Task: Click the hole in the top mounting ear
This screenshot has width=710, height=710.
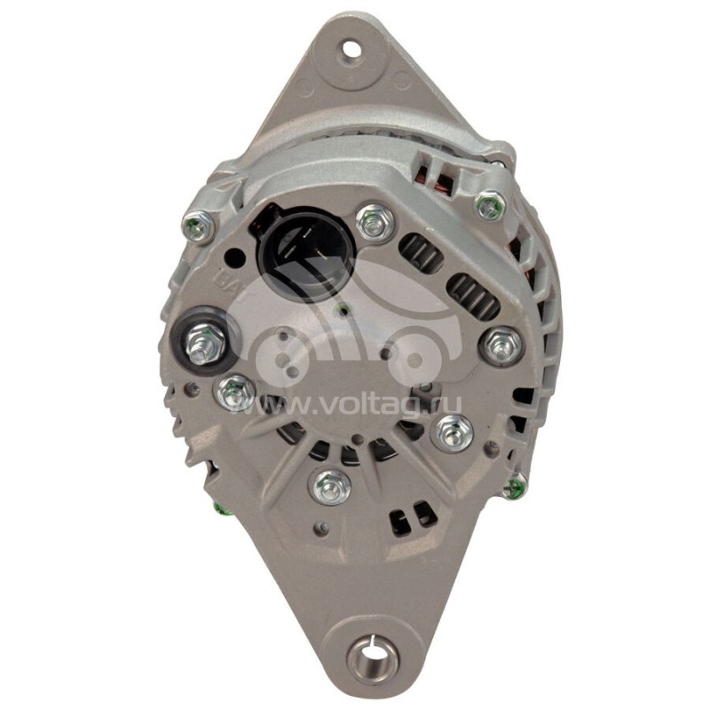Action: [x=352, y=48]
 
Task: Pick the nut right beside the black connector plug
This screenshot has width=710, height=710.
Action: [x=375, y=222]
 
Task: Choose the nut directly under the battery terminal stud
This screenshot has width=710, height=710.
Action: [x=233, y=390]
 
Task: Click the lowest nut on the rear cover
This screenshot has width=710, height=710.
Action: [x=332, y=485]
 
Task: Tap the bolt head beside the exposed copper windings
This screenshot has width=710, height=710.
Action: [x=490, y=206]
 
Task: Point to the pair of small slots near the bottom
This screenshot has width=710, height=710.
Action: [x=416, y=512]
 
